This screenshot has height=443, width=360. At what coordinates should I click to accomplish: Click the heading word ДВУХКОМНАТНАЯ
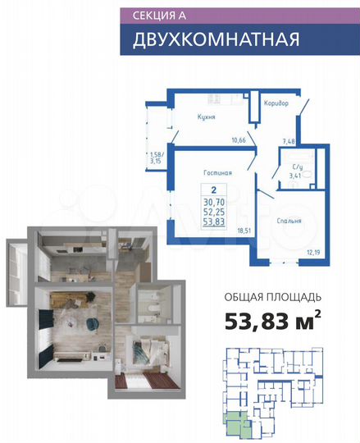[206, 39]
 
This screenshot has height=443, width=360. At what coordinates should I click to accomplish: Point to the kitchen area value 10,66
[239, 139]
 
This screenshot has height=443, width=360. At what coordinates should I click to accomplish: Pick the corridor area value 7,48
[288, 141]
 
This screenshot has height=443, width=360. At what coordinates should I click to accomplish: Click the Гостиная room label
[218, 173]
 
